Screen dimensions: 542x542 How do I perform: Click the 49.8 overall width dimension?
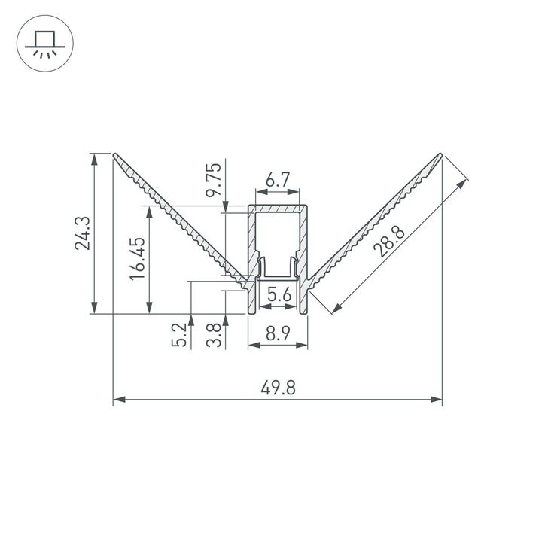pyautogui.click(x=278, y=388)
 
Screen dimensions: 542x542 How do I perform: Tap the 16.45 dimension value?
pyautogui.click(x=137, y=260)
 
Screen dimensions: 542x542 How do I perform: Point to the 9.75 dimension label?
pyautogui.click(x=215, y=181)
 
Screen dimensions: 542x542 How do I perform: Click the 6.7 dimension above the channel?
pyautogui.click(x=278, y=181)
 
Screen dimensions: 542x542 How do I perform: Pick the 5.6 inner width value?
pyautogui.click(x=278, y=296)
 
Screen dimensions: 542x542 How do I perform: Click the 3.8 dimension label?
pyautogui.click(x=214, y=335)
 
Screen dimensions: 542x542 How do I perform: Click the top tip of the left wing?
pyautogui.click(x=115, y=156)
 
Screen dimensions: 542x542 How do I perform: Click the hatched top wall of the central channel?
pyautogui.click(x=278, y=209)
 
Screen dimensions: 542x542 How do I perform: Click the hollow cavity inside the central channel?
pyautogui.click(x=278, y=237)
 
